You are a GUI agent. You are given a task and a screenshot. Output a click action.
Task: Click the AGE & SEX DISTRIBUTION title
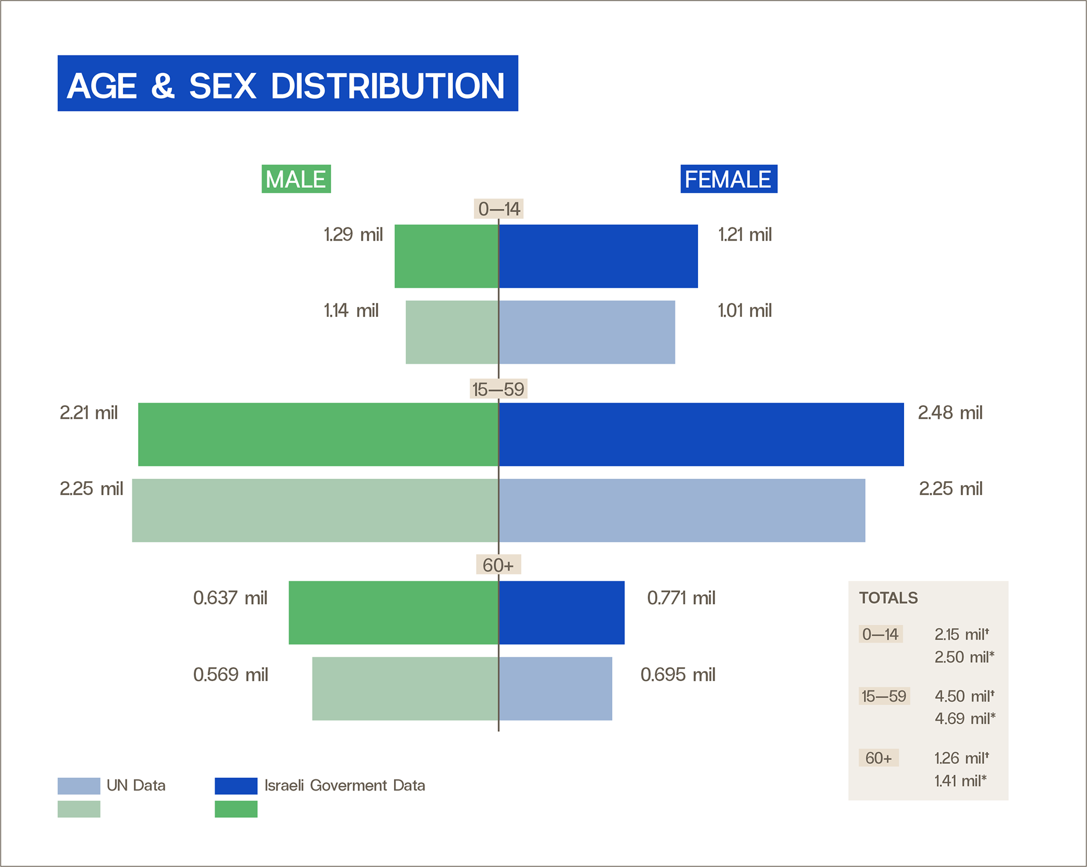click(x=286, y=86)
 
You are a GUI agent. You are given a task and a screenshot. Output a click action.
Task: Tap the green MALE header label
click(x=296, y=179)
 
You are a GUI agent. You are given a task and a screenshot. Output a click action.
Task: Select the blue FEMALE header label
click(x=729, y=179)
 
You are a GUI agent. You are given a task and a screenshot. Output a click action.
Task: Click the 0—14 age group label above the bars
click(x=499, y=209)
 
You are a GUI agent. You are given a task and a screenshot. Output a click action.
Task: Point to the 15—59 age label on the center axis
click(x=499, y=389)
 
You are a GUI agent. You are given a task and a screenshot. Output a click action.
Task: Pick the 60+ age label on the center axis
click(x=498, y=565)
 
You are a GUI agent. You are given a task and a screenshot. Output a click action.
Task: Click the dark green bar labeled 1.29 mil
click(x=447, y=256)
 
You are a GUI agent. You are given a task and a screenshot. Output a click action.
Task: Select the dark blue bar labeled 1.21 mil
click(x=598, y=256)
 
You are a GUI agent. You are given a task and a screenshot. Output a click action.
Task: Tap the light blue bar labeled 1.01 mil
click(x=587, y=332)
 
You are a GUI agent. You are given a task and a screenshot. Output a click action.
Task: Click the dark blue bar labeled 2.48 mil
click(x=701, y=435)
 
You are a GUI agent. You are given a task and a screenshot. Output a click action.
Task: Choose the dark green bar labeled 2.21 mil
click(x=318, y=435)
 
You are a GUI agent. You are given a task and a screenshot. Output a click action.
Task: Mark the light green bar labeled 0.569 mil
click(x=405, y=689)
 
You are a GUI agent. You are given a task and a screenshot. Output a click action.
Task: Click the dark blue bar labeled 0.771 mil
click(x=562, y=613)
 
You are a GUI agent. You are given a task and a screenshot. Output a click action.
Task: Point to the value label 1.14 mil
click(x=351, y=311)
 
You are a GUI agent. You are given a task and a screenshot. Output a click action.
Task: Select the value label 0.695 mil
click(x=678, y=675)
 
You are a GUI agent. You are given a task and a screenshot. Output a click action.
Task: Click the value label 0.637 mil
click(x=230, y=598)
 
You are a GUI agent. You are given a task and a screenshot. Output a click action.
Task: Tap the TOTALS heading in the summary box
click(x=888, y=598)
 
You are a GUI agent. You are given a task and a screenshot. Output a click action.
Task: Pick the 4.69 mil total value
click(x=965, y=718)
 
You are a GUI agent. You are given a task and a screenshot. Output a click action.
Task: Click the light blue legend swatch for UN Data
click(x=79, y=786)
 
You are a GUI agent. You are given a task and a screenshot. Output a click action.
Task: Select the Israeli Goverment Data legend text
click(x=345, y=786)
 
